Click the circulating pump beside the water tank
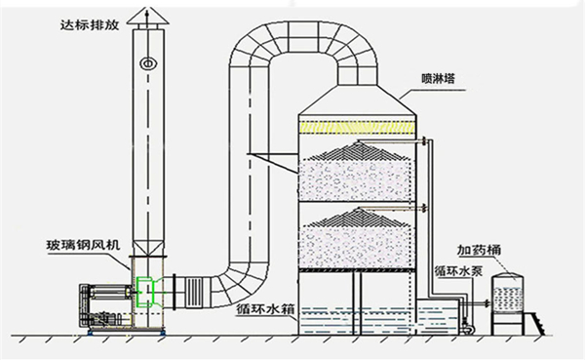471,323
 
